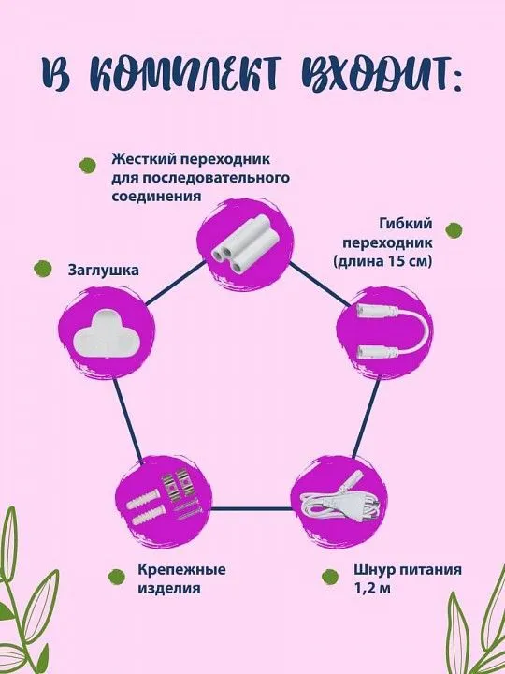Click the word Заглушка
(x=104, y=271)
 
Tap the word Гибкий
(x=405, y=224)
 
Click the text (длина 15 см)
(x=382, y=261)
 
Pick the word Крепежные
(x=181, y=570)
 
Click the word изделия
(x=168, y=588)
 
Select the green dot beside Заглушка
(x=42, y=269)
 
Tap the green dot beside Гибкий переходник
(x=454, y=230)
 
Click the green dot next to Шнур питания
(x=330, y=577)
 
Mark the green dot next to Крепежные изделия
(x=116, y=577)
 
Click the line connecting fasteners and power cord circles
(x=252, y=509)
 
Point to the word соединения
(x=156, y=196)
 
